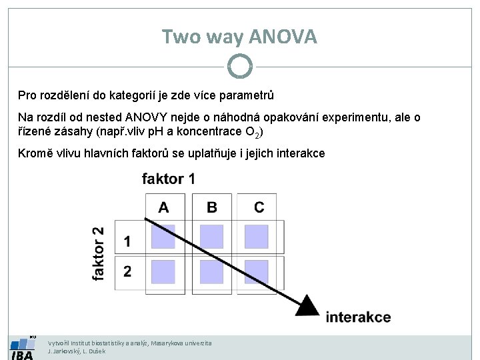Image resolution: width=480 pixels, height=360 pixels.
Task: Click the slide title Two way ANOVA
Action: [239, 37]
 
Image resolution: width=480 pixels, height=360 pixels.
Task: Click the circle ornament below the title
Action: [239, 66]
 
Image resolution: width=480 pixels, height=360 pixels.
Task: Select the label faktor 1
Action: [169, 179]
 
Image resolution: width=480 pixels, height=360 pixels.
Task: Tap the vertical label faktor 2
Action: [99, 253]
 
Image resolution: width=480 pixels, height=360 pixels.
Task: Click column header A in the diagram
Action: [163, 207]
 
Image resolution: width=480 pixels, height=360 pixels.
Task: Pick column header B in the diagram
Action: [212, 207]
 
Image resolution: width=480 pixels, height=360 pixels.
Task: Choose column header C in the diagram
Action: [259, 207]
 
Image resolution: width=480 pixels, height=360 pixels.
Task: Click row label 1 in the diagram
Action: [127, 240]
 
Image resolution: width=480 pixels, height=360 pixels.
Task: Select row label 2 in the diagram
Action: [127, 271]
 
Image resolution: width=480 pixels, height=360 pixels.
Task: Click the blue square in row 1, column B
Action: [212, 236]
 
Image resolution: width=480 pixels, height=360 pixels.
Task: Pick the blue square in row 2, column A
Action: [163, 271]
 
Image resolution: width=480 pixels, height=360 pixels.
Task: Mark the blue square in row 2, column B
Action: [212, 271]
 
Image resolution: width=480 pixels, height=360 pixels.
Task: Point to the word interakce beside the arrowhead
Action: [358, 317]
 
